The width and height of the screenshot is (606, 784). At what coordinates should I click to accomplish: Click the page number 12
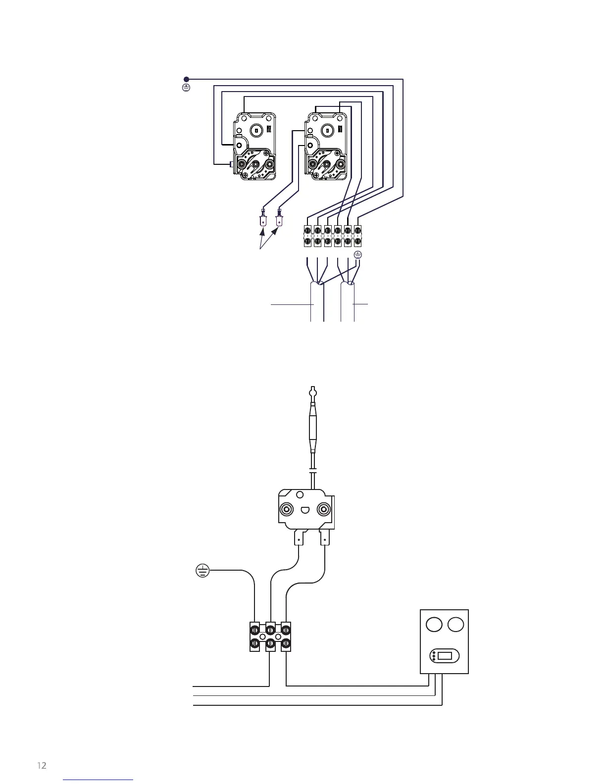tap(42, 766)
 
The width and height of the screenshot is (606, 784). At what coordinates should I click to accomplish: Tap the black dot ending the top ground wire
tap(187, 79)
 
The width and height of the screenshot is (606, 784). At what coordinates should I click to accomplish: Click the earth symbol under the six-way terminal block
tap(358, 255)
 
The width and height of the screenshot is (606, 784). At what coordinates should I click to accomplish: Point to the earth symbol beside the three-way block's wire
tap(202, 571)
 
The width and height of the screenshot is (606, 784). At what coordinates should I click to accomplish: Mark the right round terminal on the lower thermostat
tap(323, 510)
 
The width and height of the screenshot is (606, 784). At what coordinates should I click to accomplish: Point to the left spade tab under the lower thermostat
tap(299, 538)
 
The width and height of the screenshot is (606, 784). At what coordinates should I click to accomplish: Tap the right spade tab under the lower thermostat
tap(325, 538)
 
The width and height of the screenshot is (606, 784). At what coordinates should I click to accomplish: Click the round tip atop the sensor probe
tap(312, 394)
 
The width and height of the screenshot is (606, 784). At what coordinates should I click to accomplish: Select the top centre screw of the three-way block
tap(270, 630)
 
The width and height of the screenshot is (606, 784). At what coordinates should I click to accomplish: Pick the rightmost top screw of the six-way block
tap(358, 230)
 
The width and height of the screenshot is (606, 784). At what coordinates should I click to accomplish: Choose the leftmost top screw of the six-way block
tap(307, 230)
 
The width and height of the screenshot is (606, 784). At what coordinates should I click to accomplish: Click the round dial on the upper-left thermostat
tap(255, 130)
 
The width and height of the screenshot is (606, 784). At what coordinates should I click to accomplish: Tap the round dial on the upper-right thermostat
tap(327, 130)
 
